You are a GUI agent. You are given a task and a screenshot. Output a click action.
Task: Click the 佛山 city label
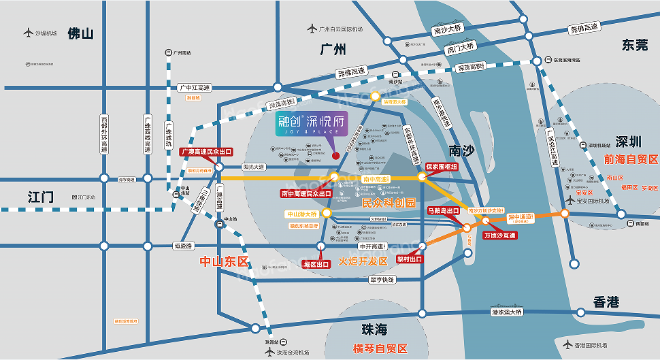coord(80,33)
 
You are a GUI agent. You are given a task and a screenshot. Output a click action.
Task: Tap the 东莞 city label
coord(635,45)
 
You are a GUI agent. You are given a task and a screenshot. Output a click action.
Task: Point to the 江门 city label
coord(41,197)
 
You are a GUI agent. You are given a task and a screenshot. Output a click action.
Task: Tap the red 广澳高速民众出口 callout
coord(206,152)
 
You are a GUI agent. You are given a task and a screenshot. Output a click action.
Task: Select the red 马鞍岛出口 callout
coord(444,211)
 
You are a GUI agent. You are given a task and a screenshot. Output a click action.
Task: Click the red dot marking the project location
coord(335,156)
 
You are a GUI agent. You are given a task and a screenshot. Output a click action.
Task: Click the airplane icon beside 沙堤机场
coord(28,33)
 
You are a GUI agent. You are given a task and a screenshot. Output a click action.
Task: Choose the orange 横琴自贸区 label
coord(380,348)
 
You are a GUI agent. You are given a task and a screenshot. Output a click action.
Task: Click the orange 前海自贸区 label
coord(631,159)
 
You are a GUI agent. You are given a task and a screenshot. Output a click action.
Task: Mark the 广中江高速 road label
coord(195,88)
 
